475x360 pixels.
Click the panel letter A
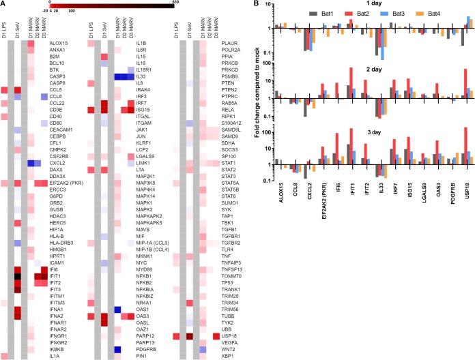pyautogui.click(x=4, y=5)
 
